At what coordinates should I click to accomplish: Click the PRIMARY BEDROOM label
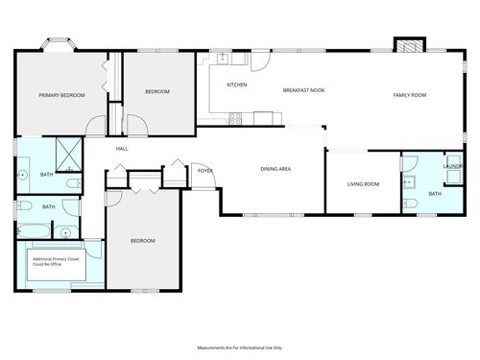click(x=61, y=95)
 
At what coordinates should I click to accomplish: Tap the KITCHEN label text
click(x=237, y=85)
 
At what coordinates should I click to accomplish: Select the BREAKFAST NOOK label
click(x=303, y=90)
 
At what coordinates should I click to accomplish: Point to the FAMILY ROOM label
click(x=410, y=94)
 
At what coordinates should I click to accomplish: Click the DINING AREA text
click(x=276, y=170)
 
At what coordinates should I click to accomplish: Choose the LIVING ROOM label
click(x=363, y=183)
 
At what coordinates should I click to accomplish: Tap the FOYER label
click(x=204, y=171)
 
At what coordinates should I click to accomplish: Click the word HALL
click(x=122, y=149)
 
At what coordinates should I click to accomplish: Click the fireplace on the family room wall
click(x=409, y=45)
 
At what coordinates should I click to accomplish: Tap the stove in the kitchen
click(x=236, y=119)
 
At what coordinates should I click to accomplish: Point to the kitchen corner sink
click(x=223, y=59)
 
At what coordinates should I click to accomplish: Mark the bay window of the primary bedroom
click(x=60, y=44)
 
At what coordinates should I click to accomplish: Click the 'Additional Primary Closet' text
click(x=57, y=261)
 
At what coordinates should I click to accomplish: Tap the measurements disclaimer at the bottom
click(x=240, y=348)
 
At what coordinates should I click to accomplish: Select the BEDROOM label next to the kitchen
click(x=157, y=91)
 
